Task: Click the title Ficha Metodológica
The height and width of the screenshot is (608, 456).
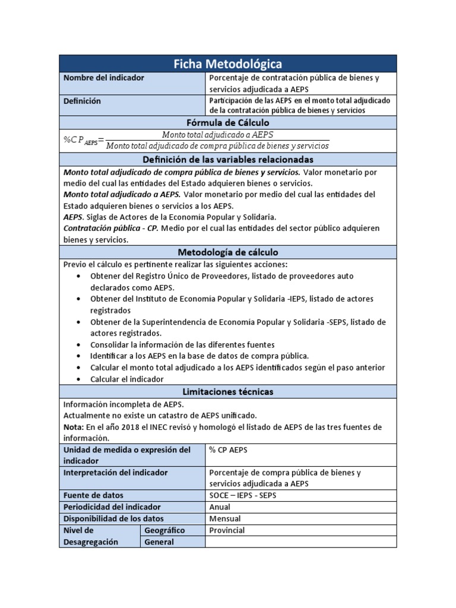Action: pyautogui.click(x=227, y=64)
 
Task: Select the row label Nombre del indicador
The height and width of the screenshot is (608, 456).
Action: pyautogui.click(x=104, y=78)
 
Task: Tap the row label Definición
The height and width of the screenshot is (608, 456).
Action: pyautogui.click(x=82, y=101)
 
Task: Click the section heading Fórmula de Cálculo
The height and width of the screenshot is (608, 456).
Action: pyautogui.click(x=227, y=122)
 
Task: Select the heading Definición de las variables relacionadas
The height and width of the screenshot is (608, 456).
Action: pyautogui.click(x=227, y=160)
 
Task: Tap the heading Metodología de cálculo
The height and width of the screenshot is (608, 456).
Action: pyautogui.click(x=227, y=252)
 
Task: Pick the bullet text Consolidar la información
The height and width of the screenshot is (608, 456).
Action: pyautogui.click(x=182, y=344)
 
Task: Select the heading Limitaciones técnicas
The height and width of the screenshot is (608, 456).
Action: pyautogui.click(x=227, y=392)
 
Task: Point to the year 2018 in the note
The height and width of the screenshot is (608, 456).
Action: pyautogui.click(x=123, y=427)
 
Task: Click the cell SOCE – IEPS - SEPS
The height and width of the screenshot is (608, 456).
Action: pyautogui.click(x=243, y=495)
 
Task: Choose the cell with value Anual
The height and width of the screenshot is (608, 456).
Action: pyautogui.click(x=220, y=507)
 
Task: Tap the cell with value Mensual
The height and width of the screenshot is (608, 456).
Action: pyautogui.click(x=224, y=518)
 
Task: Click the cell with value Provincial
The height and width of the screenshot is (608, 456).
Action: pyautogui.click(x=227, y=530)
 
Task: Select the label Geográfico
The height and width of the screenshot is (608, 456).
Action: pyautogui.click(x=164, y=530)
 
